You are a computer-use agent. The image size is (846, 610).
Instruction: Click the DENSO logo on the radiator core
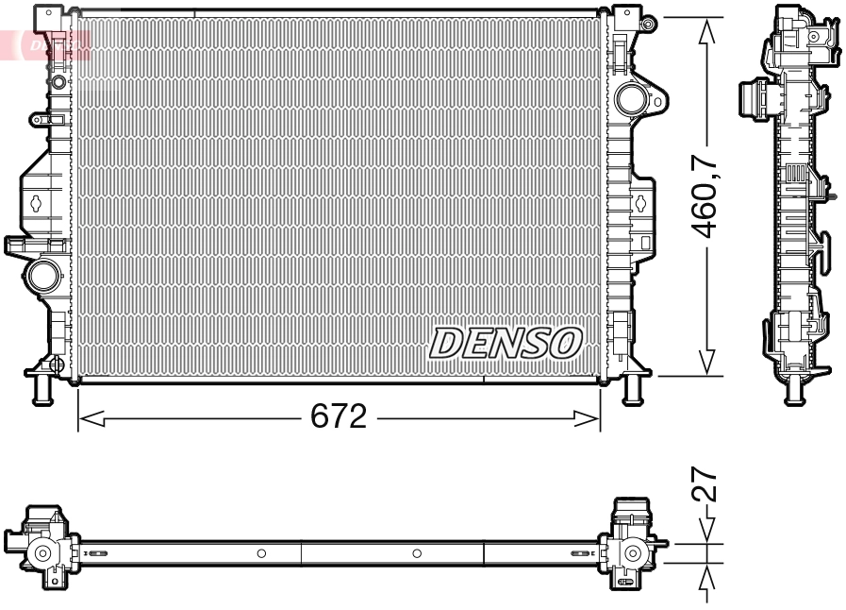coord(506,343)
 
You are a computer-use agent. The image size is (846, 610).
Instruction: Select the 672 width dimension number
coord(339,417)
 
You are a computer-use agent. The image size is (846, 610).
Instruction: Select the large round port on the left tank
coord(42,277)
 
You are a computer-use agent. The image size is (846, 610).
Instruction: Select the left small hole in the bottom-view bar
coord(261,552)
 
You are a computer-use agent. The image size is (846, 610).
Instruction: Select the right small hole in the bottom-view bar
coord(417,552)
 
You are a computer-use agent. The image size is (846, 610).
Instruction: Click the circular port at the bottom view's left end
coord(41,553)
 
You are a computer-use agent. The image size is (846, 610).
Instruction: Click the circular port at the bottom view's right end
coord(632,552)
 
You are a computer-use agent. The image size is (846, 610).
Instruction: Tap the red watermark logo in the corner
coord(47,42)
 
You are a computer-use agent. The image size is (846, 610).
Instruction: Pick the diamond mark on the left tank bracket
coord(35,201)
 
